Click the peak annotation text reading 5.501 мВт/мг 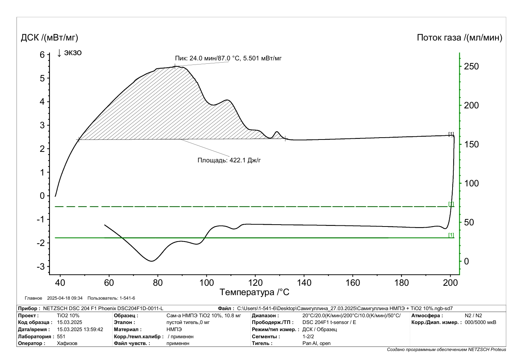coord(262,58)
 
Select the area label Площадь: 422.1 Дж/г coord(229,160)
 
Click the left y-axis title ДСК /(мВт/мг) coord(50,37)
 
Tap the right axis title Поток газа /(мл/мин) coord(459,37)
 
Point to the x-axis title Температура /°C coord(254,292)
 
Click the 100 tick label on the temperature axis coord(206,283)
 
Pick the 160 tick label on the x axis coord(353,283)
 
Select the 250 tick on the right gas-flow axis coord(471,66)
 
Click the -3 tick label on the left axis coord(41,267)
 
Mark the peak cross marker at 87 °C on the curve coord(175,67)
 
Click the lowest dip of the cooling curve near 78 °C coord(152,261)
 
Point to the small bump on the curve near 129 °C coord(277,132)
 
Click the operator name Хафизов coord(67,343)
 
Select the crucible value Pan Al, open coord(316,343)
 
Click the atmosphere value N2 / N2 coord(473,315)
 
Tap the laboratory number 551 coord(61,336)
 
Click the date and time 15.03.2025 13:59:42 coord(80,329)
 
